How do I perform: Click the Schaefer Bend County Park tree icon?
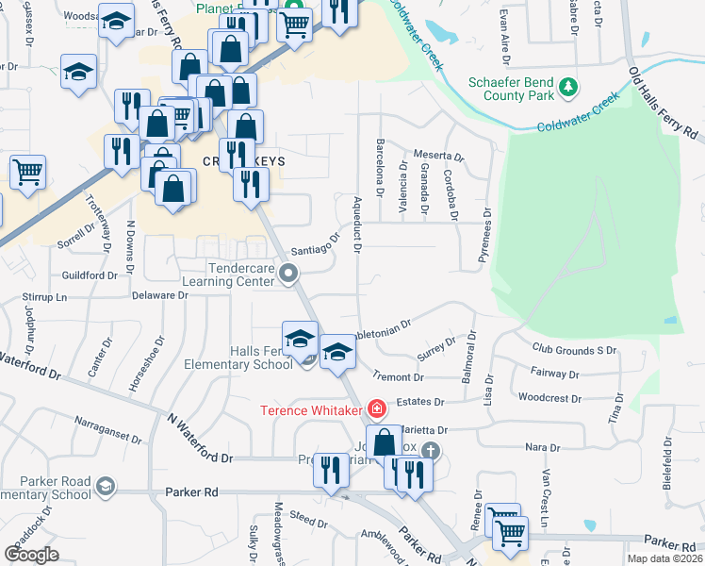[x=568, y=88]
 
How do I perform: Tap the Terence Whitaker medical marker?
[x=377, y=408]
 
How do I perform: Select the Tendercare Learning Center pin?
[x=290, y=275]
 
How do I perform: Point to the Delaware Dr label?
[x=159, y=295]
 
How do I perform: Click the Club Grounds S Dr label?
[x=573, y=350]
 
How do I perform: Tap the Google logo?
[x=31, y=555]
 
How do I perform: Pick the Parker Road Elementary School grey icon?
[x=105, y=487]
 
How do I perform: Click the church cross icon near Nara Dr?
[x=431, y=451]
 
